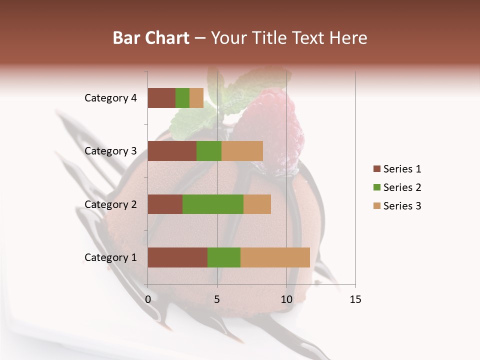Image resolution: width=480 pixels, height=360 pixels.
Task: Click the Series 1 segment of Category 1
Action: click(x=177, y=257)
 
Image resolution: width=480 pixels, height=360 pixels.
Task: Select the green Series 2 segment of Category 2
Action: click(x=213, y=204)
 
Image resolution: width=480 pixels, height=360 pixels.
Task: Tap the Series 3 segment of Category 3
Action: click(x=242, y=151)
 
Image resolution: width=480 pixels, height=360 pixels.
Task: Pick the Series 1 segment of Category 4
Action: click(x=161, y=98)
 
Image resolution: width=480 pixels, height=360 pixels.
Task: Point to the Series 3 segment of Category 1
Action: click(x=275, y=257)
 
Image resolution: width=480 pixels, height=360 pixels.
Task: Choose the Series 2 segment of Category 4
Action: click(x=182, y=98)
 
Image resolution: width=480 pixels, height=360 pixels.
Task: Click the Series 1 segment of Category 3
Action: click(x=172, y=151)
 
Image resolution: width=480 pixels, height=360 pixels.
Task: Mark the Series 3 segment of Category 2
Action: click(x=257, y=204)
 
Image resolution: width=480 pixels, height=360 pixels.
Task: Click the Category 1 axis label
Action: click(x=110, y=257)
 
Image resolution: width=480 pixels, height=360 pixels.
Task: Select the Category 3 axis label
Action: click(x=110, y=151)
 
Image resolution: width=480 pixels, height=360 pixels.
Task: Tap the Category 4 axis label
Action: click(x=110, y=98)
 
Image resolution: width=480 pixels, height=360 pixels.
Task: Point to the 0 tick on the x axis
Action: click(x=148, y=299)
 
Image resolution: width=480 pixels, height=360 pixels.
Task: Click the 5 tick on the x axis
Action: click(x=217, y=299)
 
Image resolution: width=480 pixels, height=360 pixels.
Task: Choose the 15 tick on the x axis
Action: click(x=355, y=299)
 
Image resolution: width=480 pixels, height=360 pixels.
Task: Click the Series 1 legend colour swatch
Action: click(x=376, y=169)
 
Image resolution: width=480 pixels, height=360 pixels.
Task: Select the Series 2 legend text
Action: click(x=402, y=187)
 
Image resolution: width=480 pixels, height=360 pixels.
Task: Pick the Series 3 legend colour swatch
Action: click(x=376, y=206)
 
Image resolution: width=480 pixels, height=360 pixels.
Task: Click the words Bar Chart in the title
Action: click(x=151, y=38)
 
